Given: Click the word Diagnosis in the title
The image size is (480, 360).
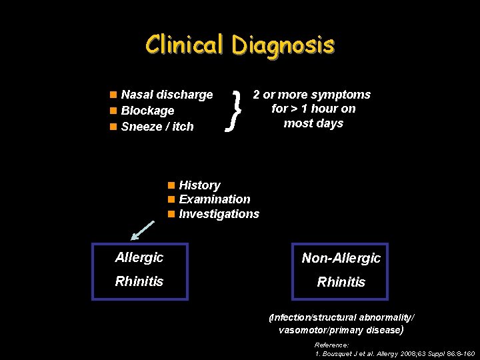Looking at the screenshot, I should (283, 45).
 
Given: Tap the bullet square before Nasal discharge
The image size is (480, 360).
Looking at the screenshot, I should (114, 95).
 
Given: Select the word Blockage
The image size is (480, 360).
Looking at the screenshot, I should (147, 111).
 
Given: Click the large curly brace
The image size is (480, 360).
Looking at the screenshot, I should (233, 109).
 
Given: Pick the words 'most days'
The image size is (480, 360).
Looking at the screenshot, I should (313, 123).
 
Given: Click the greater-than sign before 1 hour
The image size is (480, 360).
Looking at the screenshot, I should (293, 109).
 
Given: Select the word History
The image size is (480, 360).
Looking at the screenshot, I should (199, 185).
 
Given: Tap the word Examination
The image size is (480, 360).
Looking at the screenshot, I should (215, 199).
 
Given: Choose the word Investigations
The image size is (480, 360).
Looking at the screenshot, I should (219, 214).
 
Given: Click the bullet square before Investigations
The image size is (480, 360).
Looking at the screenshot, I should (171, 214).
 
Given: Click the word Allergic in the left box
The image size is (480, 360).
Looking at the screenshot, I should (139, 257).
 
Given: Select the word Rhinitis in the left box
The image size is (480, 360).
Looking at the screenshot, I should (139, 281).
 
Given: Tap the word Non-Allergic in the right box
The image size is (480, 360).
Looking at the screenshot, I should (341, 258).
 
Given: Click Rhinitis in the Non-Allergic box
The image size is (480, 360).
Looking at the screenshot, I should (341, 282).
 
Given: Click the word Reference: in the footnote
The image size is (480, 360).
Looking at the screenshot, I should (331, 345).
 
